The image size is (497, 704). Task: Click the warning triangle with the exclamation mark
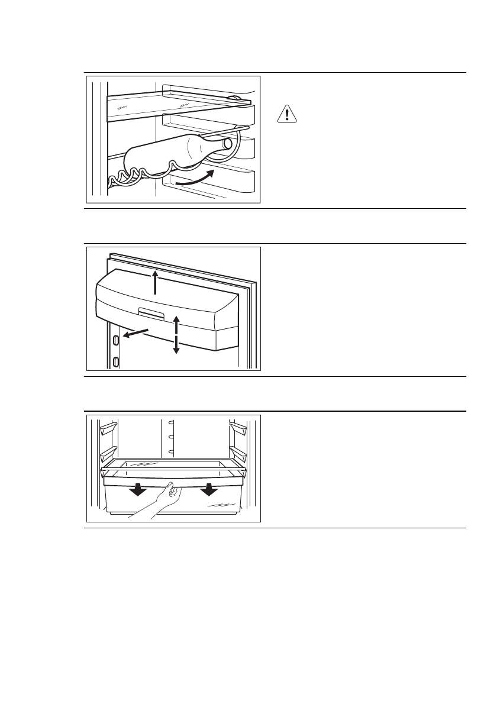click(286, 114)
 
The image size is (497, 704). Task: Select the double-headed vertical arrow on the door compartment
click(176, 334)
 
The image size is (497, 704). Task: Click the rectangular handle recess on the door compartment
click(152, 311)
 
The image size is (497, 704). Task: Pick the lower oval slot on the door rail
click(116, 361)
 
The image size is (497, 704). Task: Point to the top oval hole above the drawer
click(171, 422)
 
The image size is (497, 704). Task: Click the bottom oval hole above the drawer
click(171, 453)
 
